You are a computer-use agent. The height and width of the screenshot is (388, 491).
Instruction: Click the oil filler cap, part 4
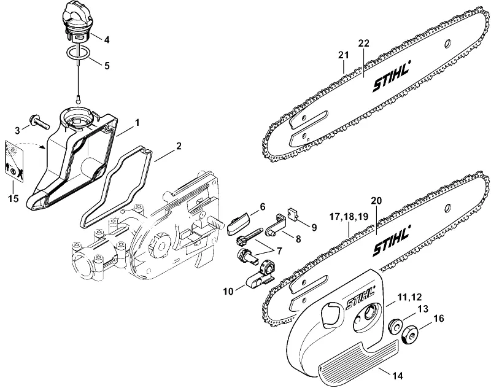pyautogui.click(x=77, y=23)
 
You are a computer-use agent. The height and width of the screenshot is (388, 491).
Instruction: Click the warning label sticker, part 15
pyautogui.click(x=14, y=160)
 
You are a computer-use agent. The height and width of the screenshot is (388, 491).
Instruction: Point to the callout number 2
pyautogui.click(x=179, y=146)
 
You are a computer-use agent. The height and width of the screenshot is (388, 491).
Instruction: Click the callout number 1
pyautogui.click(x=137, y=123)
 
